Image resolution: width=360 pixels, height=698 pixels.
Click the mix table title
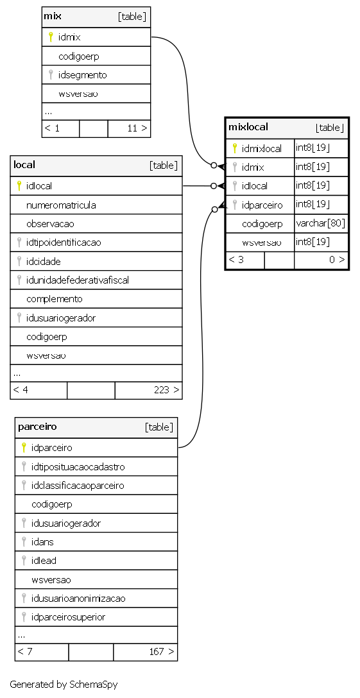pos(53,17)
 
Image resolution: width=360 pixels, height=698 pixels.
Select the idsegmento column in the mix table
pos(82,75)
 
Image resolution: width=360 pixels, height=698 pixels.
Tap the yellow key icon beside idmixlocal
pos(234,148)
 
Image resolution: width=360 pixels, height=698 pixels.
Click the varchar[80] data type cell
pos(320,223)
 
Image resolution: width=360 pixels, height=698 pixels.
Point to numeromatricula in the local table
pos(61,205)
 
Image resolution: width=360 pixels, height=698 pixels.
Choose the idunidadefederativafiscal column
pos(78,280)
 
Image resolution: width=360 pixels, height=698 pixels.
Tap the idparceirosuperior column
pos(68,617)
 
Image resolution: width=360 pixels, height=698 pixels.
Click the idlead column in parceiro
pos(44,561)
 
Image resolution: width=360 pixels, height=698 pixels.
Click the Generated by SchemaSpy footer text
pos(64,684)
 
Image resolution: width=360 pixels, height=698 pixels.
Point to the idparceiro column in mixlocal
pos(262,205)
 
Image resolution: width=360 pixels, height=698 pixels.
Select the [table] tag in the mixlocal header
pos(330,128)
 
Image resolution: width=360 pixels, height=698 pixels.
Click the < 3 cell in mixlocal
pos(236,260)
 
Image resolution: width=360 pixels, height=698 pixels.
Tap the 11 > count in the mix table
pos(137,129)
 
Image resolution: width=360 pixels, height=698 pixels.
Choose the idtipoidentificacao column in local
pos(64,243)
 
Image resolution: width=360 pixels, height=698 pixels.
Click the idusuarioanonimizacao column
pos(78,599)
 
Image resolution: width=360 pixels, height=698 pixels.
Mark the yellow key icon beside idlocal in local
pos(19,185)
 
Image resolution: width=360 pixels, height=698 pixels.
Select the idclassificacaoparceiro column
pos(78,486)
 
